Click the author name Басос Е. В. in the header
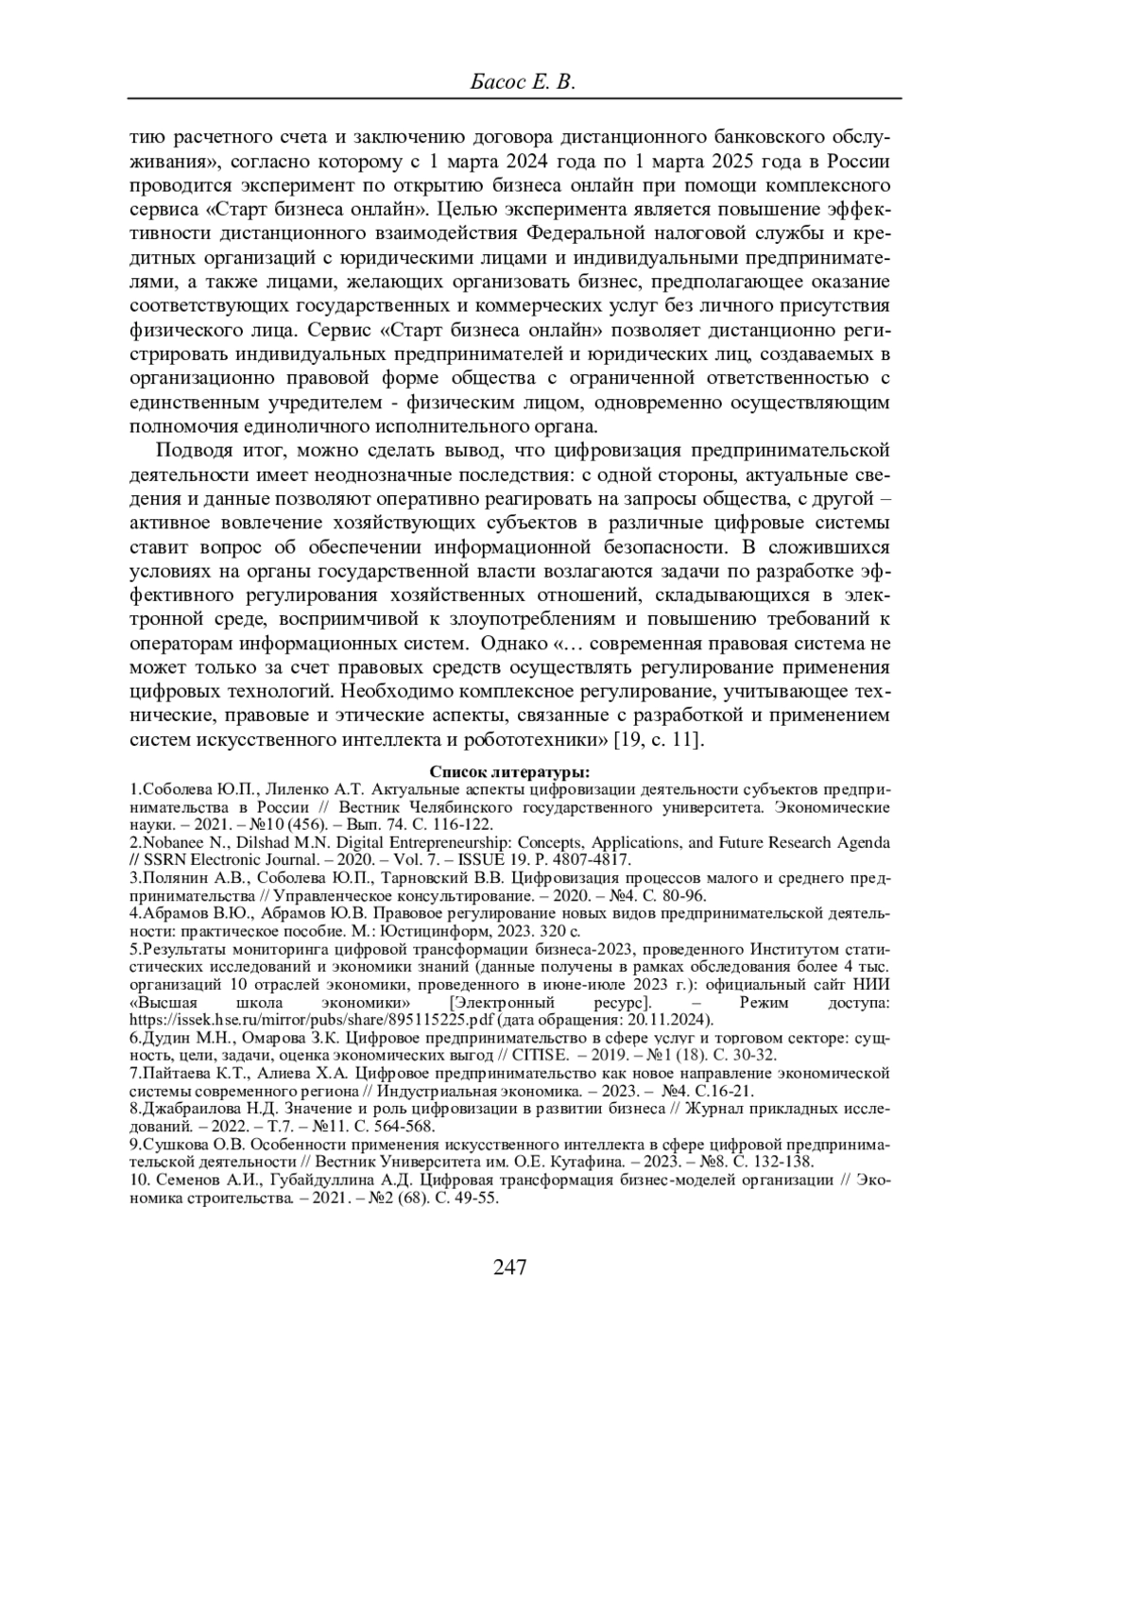coord(523,83)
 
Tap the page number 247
coord(509,1268)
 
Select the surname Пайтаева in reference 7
coord(173,1073)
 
